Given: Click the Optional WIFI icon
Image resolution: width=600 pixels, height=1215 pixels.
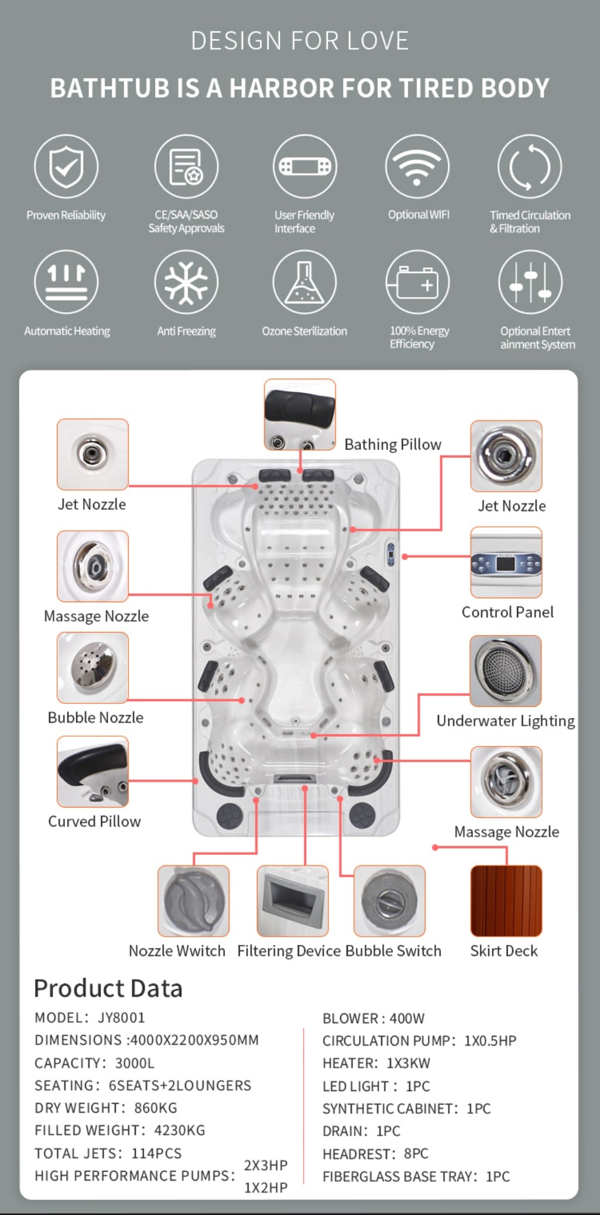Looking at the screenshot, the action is tap(417, 167).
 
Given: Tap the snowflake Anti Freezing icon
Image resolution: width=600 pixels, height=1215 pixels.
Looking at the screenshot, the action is tap(186, 282).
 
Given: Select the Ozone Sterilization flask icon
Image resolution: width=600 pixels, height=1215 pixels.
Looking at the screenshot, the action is tap(304, 282).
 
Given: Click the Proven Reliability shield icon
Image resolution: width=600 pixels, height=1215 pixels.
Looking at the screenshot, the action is tap(66, 167).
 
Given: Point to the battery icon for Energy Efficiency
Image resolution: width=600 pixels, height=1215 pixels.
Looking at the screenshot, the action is tap(417, 282).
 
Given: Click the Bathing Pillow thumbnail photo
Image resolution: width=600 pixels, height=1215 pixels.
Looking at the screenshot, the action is tap(300, 415).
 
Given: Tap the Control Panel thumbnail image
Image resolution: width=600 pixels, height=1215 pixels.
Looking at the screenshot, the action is tap(506, 562).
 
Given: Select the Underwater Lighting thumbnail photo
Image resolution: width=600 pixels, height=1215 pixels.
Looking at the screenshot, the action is tap(506, 671).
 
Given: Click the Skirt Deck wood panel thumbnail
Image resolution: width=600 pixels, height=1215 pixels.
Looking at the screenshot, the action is tap(506, 901).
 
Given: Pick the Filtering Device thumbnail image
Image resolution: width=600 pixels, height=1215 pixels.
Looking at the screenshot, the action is tap(293, 901).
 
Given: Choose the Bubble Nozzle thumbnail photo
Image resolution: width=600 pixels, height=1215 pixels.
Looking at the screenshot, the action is tap(92, 668).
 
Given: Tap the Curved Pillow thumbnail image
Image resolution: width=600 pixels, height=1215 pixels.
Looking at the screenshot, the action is tap(92, 772).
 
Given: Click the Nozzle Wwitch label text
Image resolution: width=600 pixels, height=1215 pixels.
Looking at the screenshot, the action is tap(177, 951).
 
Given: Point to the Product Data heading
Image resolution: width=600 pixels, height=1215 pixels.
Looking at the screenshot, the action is tap(108, 988).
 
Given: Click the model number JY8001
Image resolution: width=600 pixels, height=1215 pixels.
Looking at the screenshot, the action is tap(121, 1017).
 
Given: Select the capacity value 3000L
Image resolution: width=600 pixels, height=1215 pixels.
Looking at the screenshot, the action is tap(135, 1063).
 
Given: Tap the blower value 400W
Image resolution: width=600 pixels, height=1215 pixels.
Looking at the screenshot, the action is tap(407, 1019).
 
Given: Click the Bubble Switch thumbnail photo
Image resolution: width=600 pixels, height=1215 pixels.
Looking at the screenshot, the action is tap(389, 901).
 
